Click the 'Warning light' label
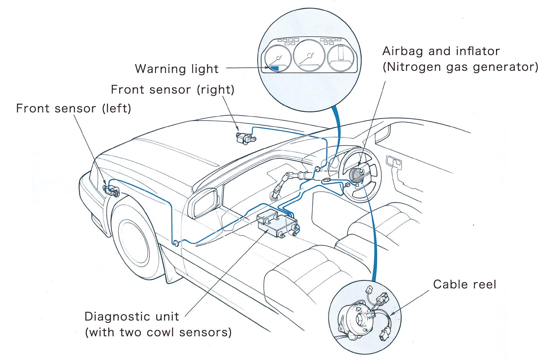tap(176, 69)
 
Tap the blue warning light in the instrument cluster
tap(274, 68)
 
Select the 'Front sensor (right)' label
tap(172, 90)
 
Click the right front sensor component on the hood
tap(245, 138)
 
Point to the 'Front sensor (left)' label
tap(73, 108)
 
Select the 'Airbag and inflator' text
tap(441, 51)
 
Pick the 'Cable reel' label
tap(464, 284)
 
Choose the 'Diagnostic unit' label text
tap(132, 316)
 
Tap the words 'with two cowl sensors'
tap(158, 332)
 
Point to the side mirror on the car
tap(204, 202)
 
